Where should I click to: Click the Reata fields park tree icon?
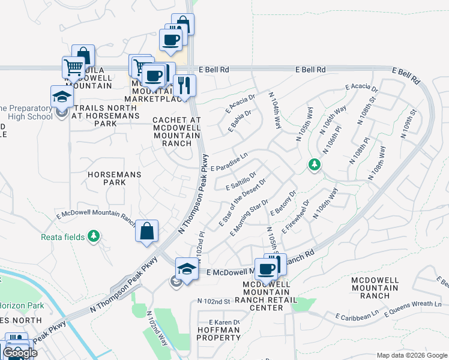93,236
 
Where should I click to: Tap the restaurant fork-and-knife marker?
184,85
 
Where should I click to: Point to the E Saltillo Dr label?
241,182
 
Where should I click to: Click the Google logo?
20,353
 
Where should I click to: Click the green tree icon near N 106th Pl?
313,164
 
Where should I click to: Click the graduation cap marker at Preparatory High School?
61,96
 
